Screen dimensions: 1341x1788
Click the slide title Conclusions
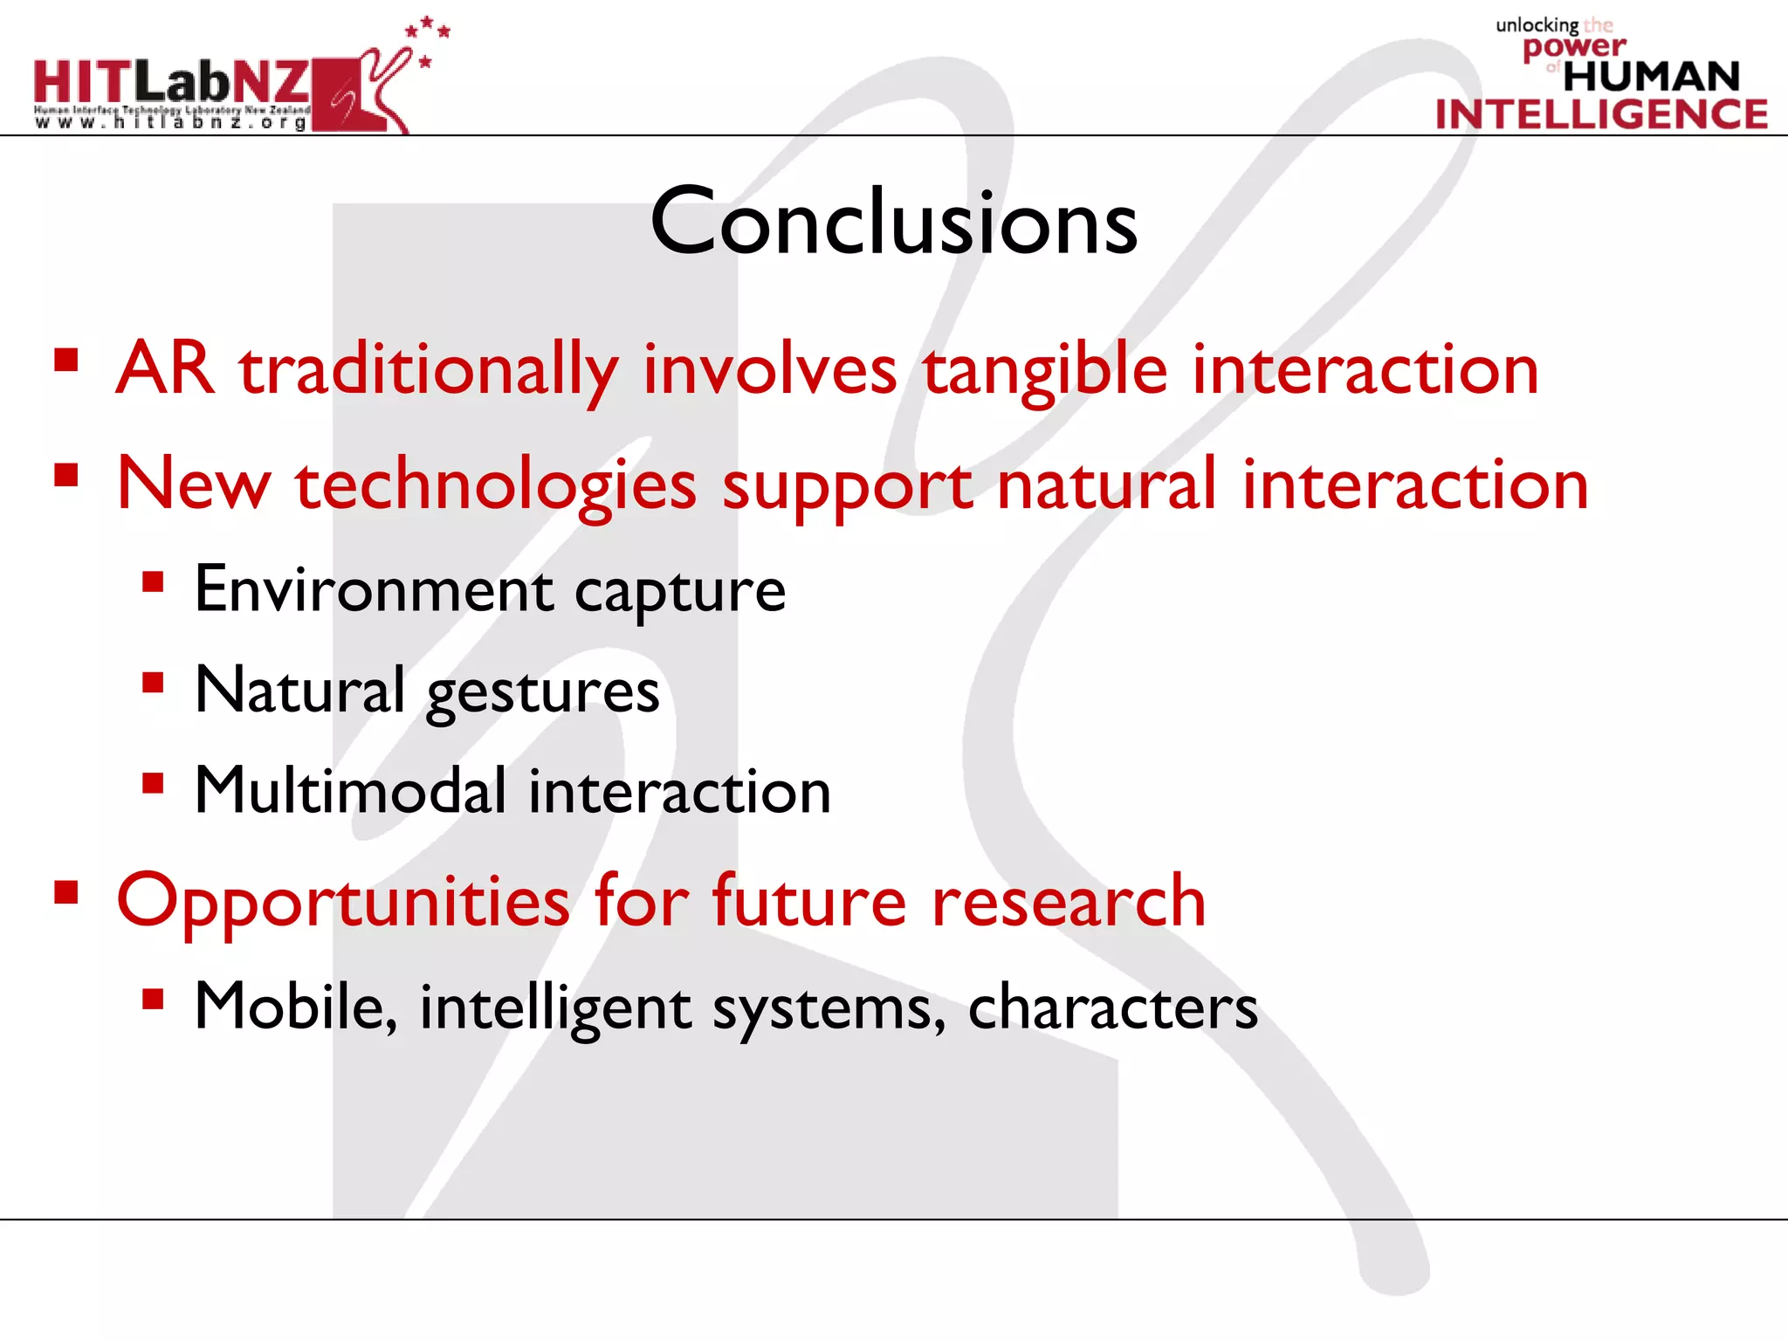coord(894,223)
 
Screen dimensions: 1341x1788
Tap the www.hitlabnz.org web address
coord(171,123)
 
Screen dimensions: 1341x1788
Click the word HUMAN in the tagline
coord(1651,77)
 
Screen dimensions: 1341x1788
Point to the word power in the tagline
coord(1574,46)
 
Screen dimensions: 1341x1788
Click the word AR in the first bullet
coord(165,368)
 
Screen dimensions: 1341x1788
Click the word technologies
coord(496,486)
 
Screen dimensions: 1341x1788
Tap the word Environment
coord(374,590)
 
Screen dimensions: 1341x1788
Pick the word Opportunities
coord(343,903)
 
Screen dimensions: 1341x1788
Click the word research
coord(1069,901)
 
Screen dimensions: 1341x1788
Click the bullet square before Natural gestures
coord(154,683)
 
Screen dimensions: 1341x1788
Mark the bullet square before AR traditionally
coord(66,361)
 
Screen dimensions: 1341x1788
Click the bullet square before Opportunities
coord(66,892)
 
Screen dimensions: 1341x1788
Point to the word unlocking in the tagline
coord(1537,25)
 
